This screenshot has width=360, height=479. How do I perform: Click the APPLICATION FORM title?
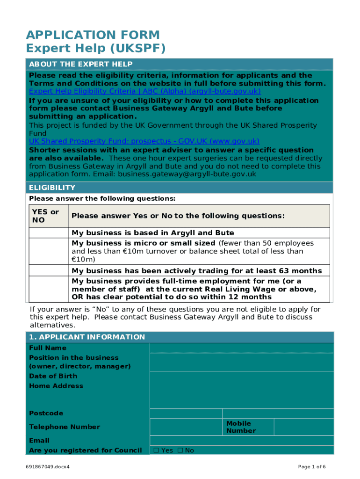(x=93, y=35)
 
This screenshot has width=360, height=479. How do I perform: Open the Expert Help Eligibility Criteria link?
(x=145, y=91)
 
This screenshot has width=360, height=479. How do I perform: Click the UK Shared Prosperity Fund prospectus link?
(x=144, y=141)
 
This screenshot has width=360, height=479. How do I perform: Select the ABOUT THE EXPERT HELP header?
(x=81, y=64)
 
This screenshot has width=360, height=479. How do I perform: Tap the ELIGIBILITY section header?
(x=52, y=188)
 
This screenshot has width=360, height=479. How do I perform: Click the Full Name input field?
(x=241, y=348)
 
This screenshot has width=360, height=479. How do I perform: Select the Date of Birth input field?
(x=241, y=376)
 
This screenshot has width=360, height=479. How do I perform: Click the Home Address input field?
(x=241, y=395)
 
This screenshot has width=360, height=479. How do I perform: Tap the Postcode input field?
(x=186, y=413)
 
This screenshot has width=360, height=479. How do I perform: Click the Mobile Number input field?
(x=303, y=427)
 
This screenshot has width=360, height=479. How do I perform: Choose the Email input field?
(x=241, y=440)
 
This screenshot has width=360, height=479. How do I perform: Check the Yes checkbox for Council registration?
(x=157, y=450)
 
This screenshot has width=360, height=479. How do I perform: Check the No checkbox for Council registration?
(x=180, y=450)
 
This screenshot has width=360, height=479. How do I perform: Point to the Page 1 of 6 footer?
(x=312, y=467)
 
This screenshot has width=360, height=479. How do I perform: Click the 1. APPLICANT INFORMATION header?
(x=87, y=337)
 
